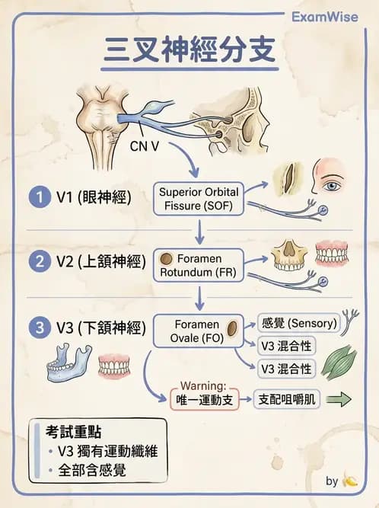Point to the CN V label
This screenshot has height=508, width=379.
(x=144, y=145)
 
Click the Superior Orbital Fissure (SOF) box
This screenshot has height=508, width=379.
(x=199, y=198)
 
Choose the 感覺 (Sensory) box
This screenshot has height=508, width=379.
(x=297, y=323)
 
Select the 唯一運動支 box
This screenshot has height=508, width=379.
(x=204, y=398)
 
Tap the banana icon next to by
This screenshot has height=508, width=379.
(x=350, y=481)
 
